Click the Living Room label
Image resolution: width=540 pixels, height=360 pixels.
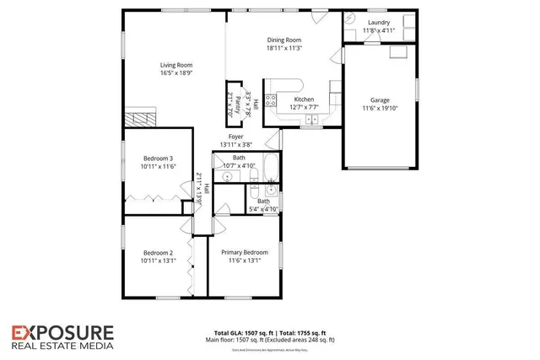point(178,64)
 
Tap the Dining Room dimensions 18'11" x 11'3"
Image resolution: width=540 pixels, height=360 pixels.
point(285,48)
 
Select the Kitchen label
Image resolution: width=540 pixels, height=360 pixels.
point(292,99)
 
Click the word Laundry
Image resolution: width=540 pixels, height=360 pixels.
point(378,23)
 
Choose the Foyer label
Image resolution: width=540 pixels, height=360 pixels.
point(235,137)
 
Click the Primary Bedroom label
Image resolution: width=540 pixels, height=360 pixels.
point(244,252)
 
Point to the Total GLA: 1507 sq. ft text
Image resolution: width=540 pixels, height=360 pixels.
point(233,333)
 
